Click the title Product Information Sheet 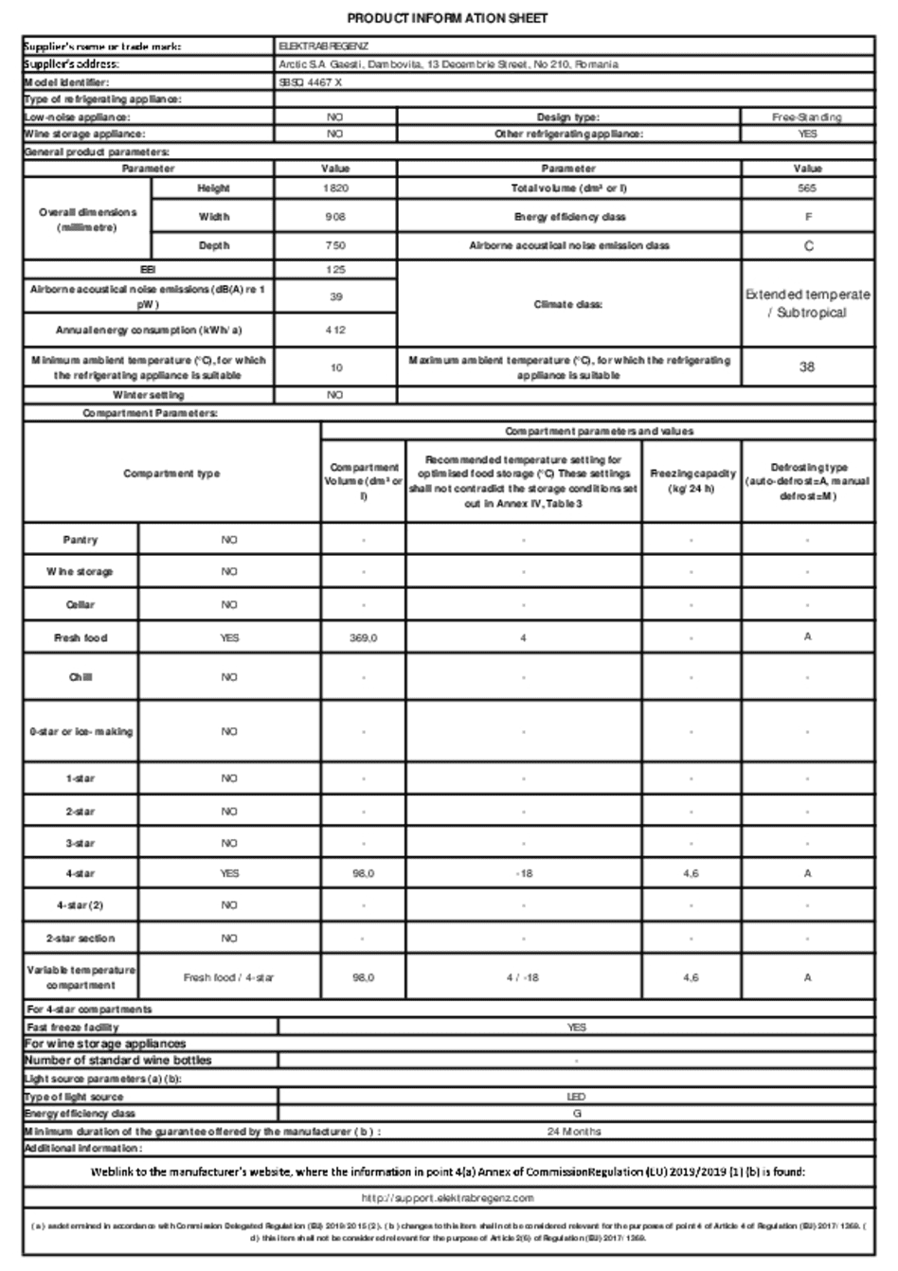coord(447,18)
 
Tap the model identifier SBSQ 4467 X coord(311,82)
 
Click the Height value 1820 coord(335,188)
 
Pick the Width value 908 coord(335,217)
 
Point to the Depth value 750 coord(335,245)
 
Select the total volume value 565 coord(807,188)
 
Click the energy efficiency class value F coord(807,217)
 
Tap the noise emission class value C coord(807,245)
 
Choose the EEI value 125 coord(335,270)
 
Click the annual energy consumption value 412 coord(335,331)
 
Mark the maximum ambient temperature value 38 coord(807,367)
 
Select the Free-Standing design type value coord(807,117)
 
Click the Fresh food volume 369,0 coord(364,638)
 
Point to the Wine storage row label coord(81,572)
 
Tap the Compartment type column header coord(171,474)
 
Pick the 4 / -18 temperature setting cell coord(524,977)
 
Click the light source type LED coord(576,1097)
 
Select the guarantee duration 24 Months coord(574,1131)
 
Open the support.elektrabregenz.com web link coord(448,1198)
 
